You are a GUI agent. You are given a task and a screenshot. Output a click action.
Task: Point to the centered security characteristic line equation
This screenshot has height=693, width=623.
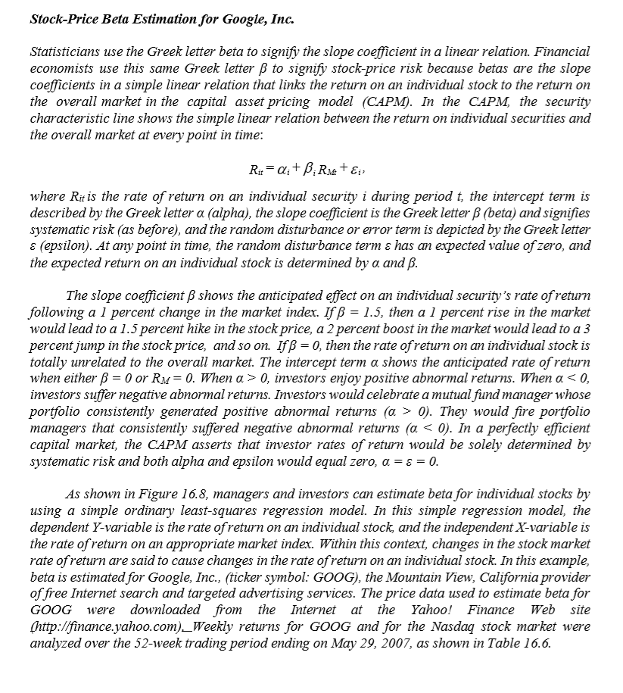[x=311, y=166]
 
